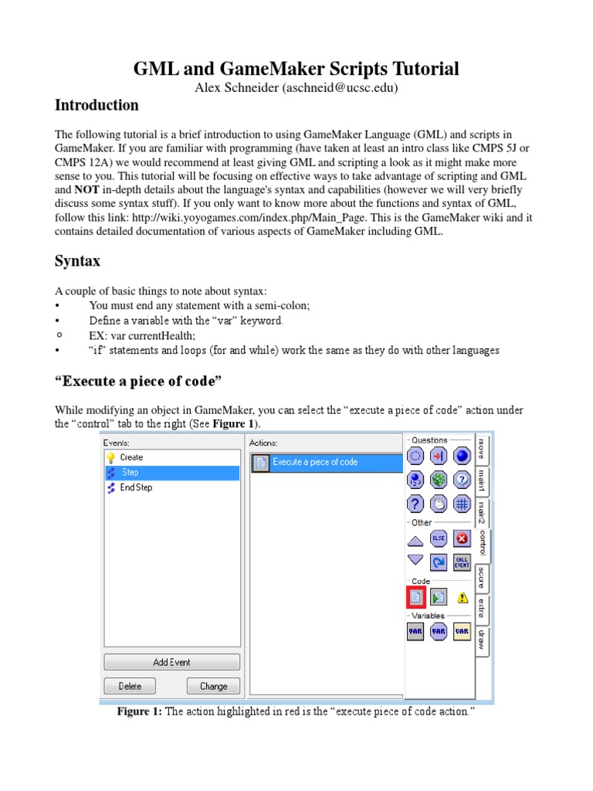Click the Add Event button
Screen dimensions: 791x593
(171, 662)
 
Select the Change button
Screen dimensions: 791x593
(213, 686)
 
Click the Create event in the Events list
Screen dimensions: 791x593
(131, 457)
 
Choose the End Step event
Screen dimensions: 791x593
(136, 487)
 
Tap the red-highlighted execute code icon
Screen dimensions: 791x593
(415, 596)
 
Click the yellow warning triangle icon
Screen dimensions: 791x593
(462, 597)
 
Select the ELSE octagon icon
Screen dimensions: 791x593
(439, 538)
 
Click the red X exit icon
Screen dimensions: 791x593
(462, 538)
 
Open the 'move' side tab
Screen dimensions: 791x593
(482, 450)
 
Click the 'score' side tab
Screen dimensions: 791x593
(482, 577)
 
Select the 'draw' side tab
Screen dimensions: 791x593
(482, 640)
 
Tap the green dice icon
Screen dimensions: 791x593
(439, 480)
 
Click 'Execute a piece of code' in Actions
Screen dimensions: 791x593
(314, 462)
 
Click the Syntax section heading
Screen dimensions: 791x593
(77, 261)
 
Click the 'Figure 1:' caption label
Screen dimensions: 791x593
(139, 711)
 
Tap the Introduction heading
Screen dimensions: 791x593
(97, 105)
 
